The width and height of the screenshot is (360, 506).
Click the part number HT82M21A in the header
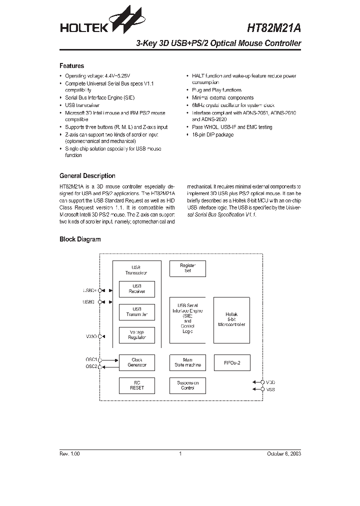tap(274, 28)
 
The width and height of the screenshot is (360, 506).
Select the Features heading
tap(71, 66)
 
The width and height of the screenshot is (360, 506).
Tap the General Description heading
tap(87, 176)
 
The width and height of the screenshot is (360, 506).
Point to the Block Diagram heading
tap(80, 239)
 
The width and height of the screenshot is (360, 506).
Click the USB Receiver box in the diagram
tap(136, 289)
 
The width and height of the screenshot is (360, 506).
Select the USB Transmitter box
tap(136, 312)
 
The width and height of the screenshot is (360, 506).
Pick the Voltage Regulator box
tap(136, 335)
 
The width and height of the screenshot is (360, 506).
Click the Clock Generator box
tap(136, 362)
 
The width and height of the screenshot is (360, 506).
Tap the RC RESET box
tap(136, 385)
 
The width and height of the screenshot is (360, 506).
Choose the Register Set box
tap(187, 268)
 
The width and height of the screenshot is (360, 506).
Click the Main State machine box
tap(187, 362)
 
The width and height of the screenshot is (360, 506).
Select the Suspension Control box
tap(187, 385)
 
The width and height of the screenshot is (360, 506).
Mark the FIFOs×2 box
tap(231, 362)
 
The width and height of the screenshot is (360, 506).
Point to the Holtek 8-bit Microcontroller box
tap(231, 320)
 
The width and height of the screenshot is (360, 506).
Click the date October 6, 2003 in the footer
tap(283, 454)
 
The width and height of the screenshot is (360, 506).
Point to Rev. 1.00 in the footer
tap(69, 454)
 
